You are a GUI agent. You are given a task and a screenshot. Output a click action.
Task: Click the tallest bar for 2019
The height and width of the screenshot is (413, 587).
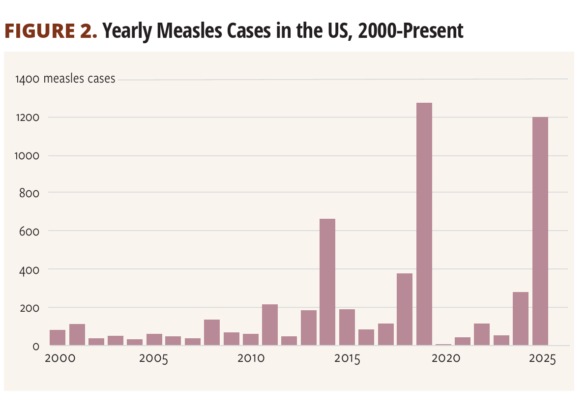(424, 224)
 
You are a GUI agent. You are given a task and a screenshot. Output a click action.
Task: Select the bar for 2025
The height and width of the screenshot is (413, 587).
(540, 231)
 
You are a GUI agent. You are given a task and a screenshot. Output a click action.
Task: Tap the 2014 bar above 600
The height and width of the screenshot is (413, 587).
(327, 282)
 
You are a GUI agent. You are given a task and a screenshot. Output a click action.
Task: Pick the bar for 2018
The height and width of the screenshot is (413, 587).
(405, 309)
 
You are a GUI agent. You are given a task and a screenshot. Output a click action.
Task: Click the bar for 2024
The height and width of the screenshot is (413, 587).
(521, 319)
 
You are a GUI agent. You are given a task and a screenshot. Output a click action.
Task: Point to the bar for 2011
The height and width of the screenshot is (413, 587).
(270, 324)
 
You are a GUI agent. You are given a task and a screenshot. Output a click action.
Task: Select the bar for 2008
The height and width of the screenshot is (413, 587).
(212, 332)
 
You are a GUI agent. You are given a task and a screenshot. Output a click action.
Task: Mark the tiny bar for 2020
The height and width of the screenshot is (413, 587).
(443, 344)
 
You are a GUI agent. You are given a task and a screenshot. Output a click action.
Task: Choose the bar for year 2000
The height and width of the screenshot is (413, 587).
(58, 337)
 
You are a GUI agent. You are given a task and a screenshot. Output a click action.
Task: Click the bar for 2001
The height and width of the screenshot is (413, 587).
(77, 334)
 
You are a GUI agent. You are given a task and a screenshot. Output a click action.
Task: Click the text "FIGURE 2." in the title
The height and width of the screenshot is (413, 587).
(51, 31)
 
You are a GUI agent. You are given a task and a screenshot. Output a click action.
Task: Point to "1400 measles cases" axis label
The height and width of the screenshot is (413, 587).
(65, 79)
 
